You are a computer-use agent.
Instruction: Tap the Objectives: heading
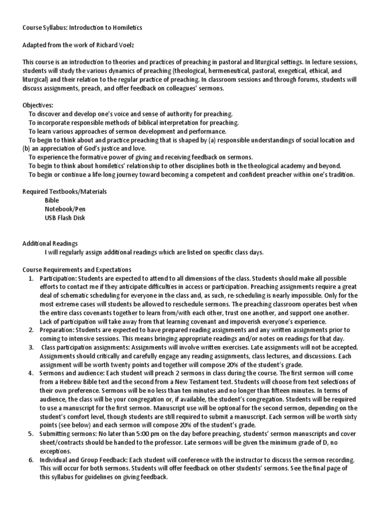point(38,105)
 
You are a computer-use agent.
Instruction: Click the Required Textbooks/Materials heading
point(64,191)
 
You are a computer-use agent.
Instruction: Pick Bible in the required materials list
point(52,200)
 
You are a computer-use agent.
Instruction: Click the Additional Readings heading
point(50,243)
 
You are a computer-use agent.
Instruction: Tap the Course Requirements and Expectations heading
point(76,269)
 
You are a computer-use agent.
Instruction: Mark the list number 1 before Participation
point(31,278)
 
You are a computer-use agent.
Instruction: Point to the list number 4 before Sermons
point(31,373)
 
